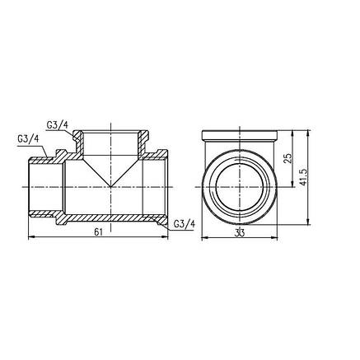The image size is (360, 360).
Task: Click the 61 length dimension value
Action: point(98,232)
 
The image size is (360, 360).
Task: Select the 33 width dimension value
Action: point(240,233)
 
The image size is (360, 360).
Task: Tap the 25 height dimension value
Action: point(288,158)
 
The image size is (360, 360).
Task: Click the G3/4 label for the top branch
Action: point(57,125)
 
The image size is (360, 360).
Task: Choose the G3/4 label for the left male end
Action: point(28,139)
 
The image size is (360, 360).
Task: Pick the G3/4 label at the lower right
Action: point(185,224)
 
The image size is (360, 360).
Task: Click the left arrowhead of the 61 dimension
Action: point(31,236)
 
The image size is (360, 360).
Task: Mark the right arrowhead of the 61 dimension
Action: point(165,236)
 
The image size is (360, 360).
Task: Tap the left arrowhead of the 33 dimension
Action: point(204,237)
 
